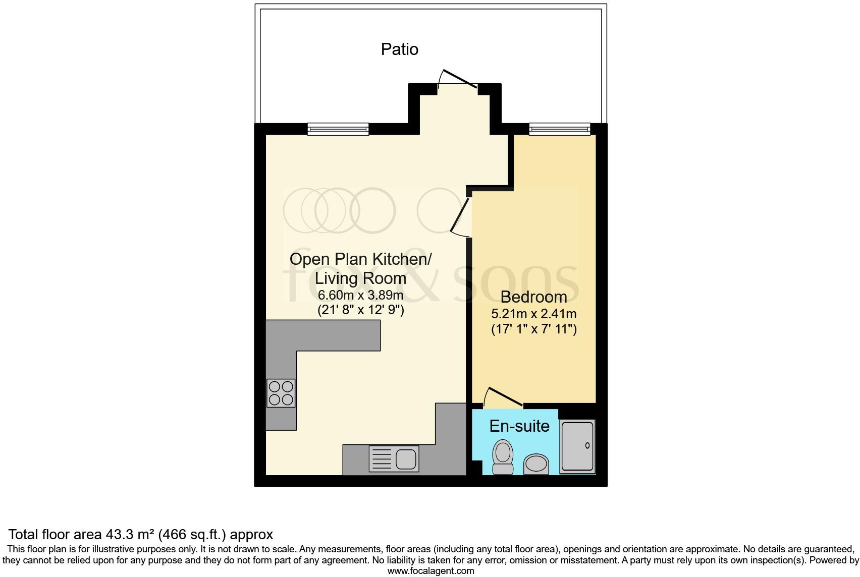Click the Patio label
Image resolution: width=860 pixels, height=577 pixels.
pos(400,49)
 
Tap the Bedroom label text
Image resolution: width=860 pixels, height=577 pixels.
pos(533,297)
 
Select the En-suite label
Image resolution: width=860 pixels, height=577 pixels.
pos(519,426)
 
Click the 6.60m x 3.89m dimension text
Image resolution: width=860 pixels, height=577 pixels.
pos(360,295)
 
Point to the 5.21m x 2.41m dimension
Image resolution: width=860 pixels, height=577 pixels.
pos(533,314)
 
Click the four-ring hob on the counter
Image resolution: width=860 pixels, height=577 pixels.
pos(281,393)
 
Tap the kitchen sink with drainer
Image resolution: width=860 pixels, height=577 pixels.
pos(394,459)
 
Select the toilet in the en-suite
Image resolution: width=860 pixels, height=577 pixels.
pos(502,456)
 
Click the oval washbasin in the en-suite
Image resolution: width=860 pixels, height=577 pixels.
pos(536,464)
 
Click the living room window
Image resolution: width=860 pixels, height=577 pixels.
pos(338,129)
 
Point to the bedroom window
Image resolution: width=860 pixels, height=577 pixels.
pos(559,129)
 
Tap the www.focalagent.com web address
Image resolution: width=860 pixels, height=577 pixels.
pos(431,571)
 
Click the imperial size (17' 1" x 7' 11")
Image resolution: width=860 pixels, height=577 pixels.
pos(533,330)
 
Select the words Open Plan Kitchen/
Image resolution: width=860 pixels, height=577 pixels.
pos(360,259)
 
